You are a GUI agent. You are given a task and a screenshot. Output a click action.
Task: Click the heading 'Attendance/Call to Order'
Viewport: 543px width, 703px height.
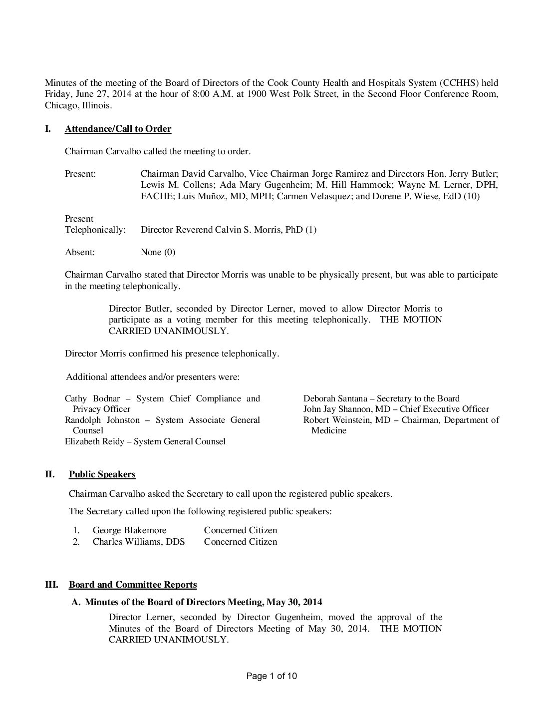pyautogui.click(x=118, y=129)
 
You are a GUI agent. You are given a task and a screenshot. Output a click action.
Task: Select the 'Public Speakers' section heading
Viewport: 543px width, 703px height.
pyautogui.click(x=102, y=474)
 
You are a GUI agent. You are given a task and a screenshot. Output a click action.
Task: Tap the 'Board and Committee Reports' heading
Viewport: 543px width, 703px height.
pyautogui.click(x=133, y=584)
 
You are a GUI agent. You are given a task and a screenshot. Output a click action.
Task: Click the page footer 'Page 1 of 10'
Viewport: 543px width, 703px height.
pyautogui.click(x=272, y=676)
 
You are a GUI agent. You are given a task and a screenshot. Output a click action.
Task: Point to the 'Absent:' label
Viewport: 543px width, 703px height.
pyautogui.click(x=80, y=252)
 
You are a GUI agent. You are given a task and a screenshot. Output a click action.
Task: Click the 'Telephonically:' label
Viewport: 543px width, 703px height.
pyautogui.click(x=95, y=230)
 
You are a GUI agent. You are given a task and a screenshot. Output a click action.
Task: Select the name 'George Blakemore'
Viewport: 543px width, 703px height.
pyautogui.click(x=129, y=530)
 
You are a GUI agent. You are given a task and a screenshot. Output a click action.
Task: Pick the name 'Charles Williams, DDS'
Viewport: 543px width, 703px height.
pyautogui.click(x=138, y=542)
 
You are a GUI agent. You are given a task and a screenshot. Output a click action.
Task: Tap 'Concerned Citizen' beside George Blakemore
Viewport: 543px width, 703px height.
pyautogui.click(x=241, y=530)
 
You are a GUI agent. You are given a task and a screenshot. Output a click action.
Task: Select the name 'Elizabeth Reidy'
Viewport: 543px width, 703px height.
pyautogui.click(x=94, y=441)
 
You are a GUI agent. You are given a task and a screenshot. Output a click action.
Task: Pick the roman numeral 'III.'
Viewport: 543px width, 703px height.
pyautogui.click(x=51, y=584)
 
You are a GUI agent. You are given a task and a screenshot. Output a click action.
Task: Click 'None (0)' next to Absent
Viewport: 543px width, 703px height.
pyautogui.click(x=158, y=252)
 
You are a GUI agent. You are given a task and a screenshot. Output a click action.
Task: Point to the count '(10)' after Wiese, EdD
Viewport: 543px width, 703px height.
pyautogui.click(x=471, y=196)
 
